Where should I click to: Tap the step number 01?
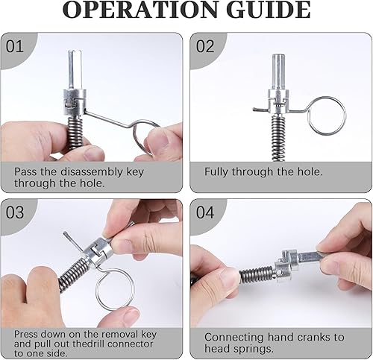15,46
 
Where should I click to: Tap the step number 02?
205,46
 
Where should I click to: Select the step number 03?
15,212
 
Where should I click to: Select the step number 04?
205,212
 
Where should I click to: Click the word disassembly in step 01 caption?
92,172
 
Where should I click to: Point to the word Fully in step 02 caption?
216,172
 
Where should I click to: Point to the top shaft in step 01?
75,69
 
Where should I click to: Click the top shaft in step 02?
278,72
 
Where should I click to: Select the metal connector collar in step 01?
75,102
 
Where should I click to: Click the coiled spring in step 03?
73,271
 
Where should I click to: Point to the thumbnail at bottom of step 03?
131,316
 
